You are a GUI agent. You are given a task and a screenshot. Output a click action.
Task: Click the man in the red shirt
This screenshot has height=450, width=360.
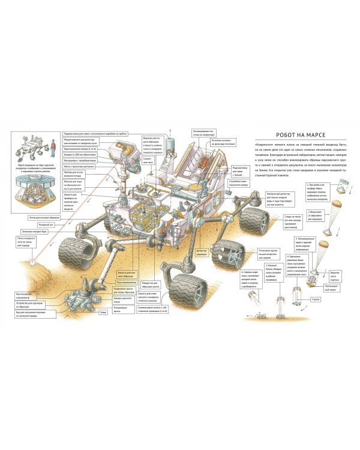click(x=52, y=144)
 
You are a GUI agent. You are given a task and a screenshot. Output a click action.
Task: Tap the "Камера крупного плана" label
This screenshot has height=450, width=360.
click(x=127, y=299)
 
